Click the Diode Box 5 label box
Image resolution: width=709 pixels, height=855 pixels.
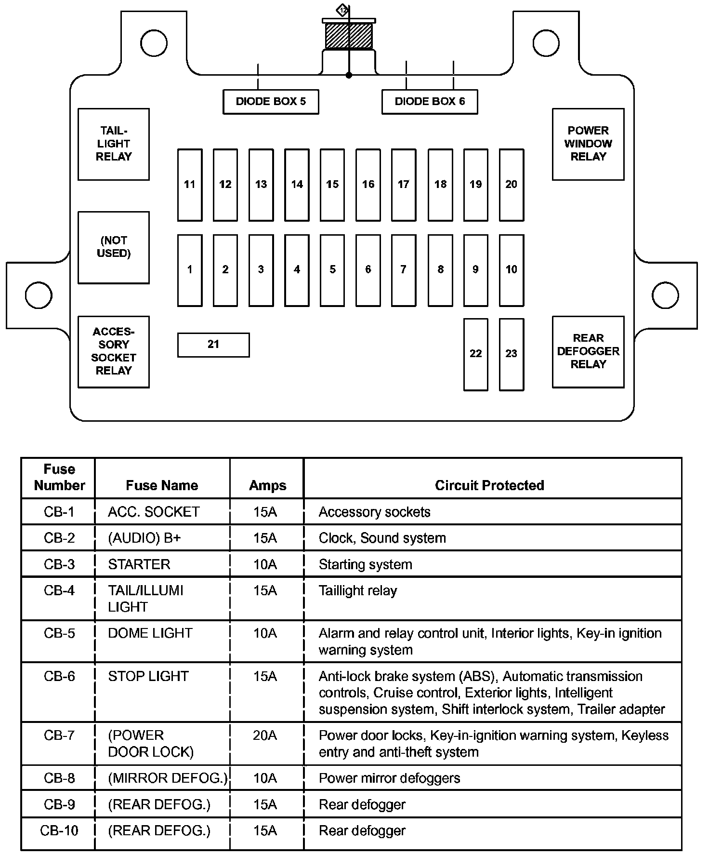pyautogui.click(x=271, y=102)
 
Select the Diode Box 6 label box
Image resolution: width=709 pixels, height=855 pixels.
pyautogui.click(x=430, y=102)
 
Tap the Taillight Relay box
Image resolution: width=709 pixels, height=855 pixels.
pyautogui.click(x=114, y=144)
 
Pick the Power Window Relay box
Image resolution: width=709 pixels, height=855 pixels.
pyautogui.click(x=588, y=144)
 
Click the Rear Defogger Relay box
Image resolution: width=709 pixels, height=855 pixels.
pyautogui.click(x=588, y=351)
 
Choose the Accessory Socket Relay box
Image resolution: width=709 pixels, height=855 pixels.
pyautogui.click(x=114, y=351)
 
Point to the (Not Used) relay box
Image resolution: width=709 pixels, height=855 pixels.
pyautogui.click(x=114, y=247)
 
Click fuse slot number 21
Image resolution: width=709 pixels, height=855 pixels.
pyautogui.click(x=213, y=345)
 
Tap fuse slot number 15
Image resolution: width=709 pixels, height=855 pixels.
pyautogui.click(x=332, y=185)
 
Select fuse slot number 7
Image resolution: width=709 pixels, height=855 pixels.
pyautogui.click(x=404, y=270)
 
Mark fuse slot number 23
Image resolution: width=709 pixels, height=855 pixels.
pyautogui.click(x=512, y=354)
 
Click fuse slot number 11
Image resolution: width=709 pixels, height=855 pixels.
pyautogui.click(x=190, y=185)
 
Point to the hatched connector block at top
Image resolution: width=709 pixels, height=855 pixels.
pyautogui.click(x=349, y=36)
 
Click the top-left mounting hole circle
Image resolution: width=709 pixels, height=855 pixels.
pyautogui.click(x=154, y=42)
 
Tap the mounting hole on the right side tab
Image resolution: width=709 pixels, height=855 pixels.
pyautogui.click(x=665, y=295)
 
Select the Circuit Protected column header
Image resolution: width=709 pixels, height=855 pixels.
pyautogui.click(x=489, y=485)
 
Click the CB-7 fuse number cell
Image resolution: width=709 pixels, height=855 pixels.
pyautogui.click(x=59, y=735)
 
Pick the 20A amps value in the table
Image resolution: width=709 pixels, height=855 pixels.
pyautogui.click(x=265, y=735)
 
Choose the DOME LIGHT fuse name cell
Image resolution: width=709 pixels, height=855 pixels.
pyautogui.click(x=150, y=633)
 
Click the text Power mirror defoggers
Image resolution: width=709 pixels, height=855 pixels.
pyautogui.click(x=389, y=778)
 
